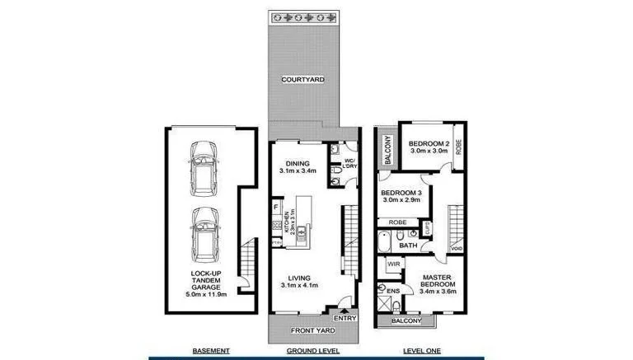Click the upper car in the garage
click(201, 166)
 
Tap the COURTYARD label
click(302, 80)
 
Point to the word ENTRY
click(344, 317)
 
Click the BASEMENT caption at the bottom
click(210, 351)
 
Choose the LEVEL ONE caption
click(422, 351)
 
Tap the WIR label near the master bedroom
click(393, 265)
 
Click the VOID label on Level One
click(457, 247)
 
